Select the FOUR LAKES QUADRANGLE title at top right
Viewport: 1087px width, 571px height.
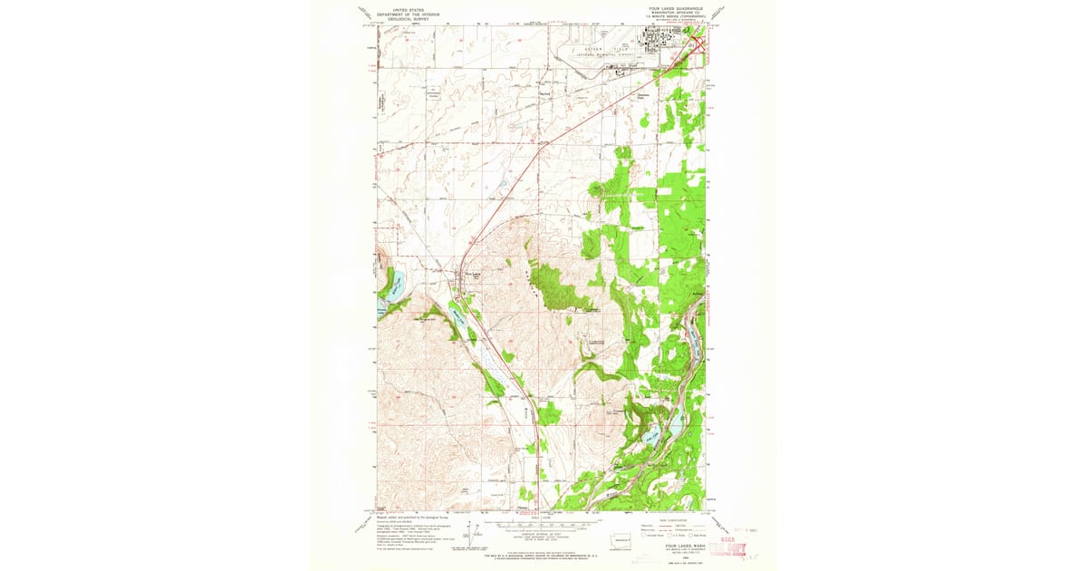coord(666,7)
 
